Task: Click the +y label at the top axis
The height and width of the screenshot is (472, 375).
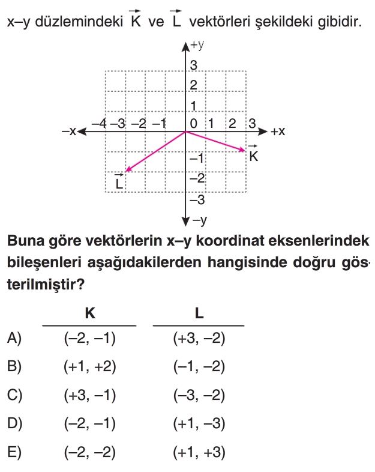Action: click(198, 44)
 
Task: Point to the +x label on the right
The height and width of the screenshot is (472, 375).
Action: click(277, 131)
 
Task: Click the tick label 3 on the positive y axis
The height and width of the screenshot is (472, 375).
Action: click(194, 65)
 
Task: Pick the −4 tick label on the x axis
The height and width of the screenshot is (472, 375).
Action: click(99, 124)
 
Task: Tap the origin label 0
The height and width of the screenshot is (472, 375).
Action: click(193, 124)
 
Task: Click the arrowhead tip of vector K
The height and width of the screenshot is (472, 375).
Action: click(246, 151)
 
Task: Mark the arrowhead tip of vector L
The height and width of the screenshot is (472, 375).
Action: click(125, 172)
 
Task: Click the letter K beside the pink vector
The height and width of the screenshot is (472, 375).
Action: click(253, 157)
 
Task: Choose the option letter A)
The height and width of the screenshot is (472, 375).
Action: click(14, 339)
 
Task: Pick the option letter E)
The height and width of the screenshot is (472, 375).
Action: click(14, 452)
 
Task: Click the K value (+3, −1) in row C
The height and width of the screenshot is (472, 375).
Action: click(89, 396)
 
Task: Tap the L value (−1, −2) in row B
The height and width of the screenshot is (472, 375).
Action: click(199, 368)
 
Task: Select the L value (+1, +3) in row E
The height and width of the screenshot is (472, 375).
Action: click(199, 452)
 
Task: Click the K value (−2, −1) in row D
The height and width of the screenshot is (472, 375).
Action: click(89, 424)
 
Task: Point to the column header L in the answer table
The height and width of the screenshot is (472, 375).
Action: click(199, 313)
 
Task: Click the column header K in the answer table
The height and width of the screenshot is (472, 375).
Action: click(90, 313)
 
